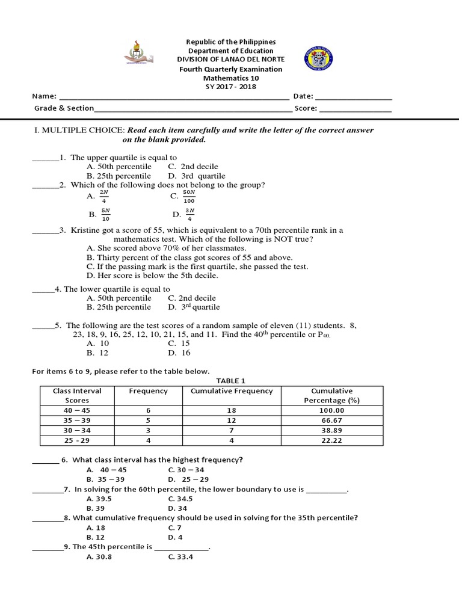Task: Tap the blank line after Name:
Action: tap(174, 97)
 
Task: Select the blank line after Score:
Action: tap(355, 109)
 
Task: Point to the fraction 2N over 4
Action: tap(104, 196)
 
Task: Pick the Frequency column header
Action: tap(149, 391)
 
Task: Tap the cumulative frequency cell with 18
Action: tap(231, 410)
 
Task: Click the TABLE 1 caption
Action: tap(231, 381)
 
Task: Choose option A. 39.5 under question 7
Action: tap(99, 499)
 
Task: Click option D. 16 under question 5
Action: tap(179, 353)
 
